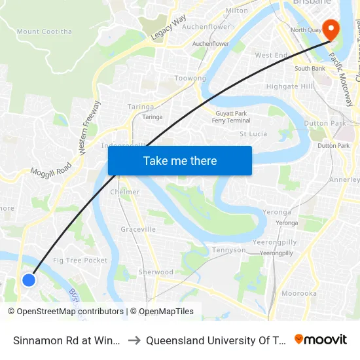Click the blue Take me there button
(x=180, y=160)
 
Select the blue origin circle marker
(x=29, y=280)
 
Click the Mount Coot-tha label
(x=45, y=31)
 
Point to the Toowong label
(x=190, y=79)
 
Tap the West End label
(x=272, y=56)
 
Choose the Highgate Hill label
(x=290, y=86)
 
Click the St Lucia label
(x=253, y=134)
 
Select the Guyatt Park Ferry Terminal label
(x=232, y=117)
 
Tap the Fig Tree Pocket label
(x=81, y=261)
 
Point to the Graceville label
(x=138, y=230)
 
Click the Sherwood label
(x=156, y=272)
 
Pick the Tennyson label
(x=228, y=250)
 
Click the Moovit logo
(x=320, y=339)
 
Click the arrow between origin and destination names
(x=134, y=340)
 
